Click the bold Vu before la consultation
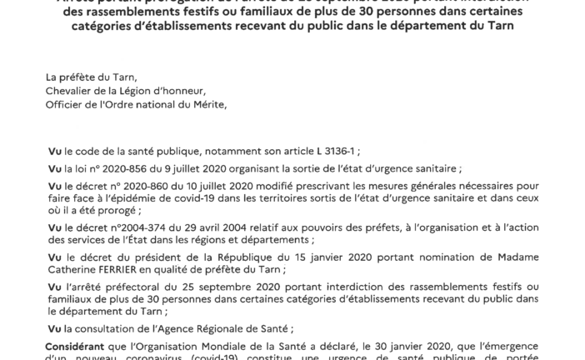click(x=55, y=329)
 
